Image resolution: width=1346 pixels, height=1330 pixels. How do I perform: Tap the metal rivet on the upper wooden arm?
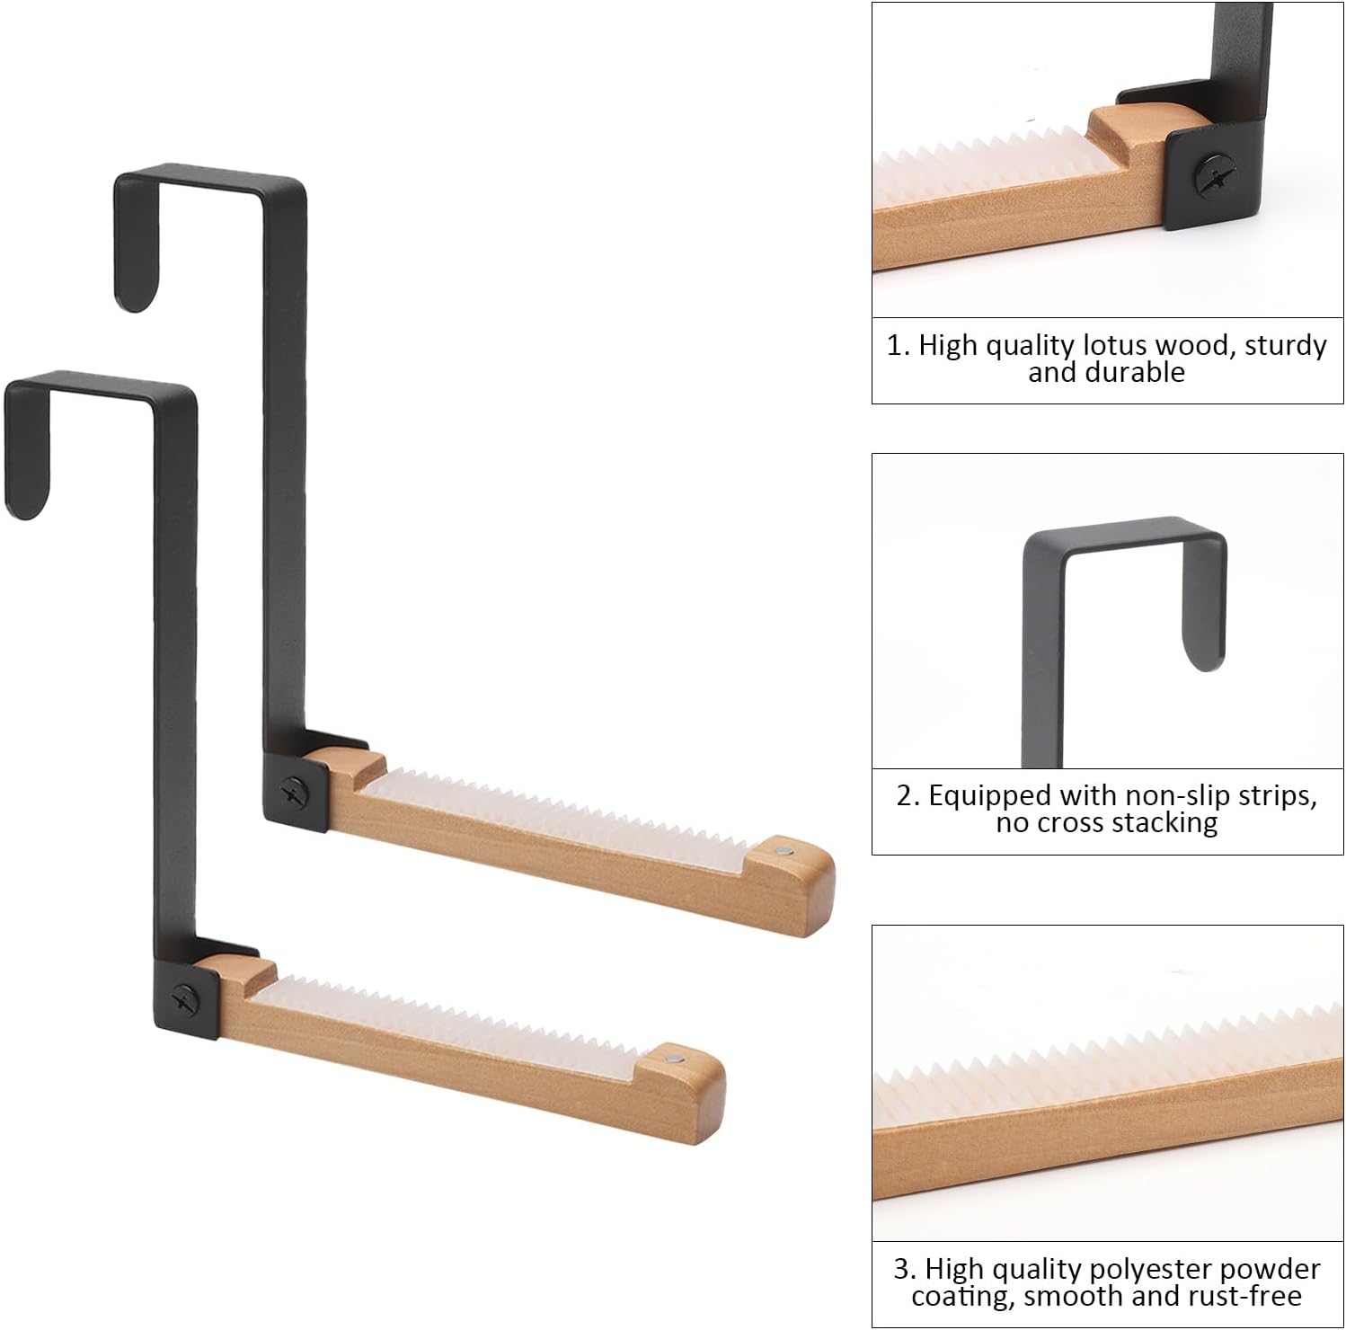(x=785, y=848)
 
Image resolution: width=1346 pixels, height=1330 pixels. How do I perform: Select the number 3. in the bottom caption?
(x=904, y=1269)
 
